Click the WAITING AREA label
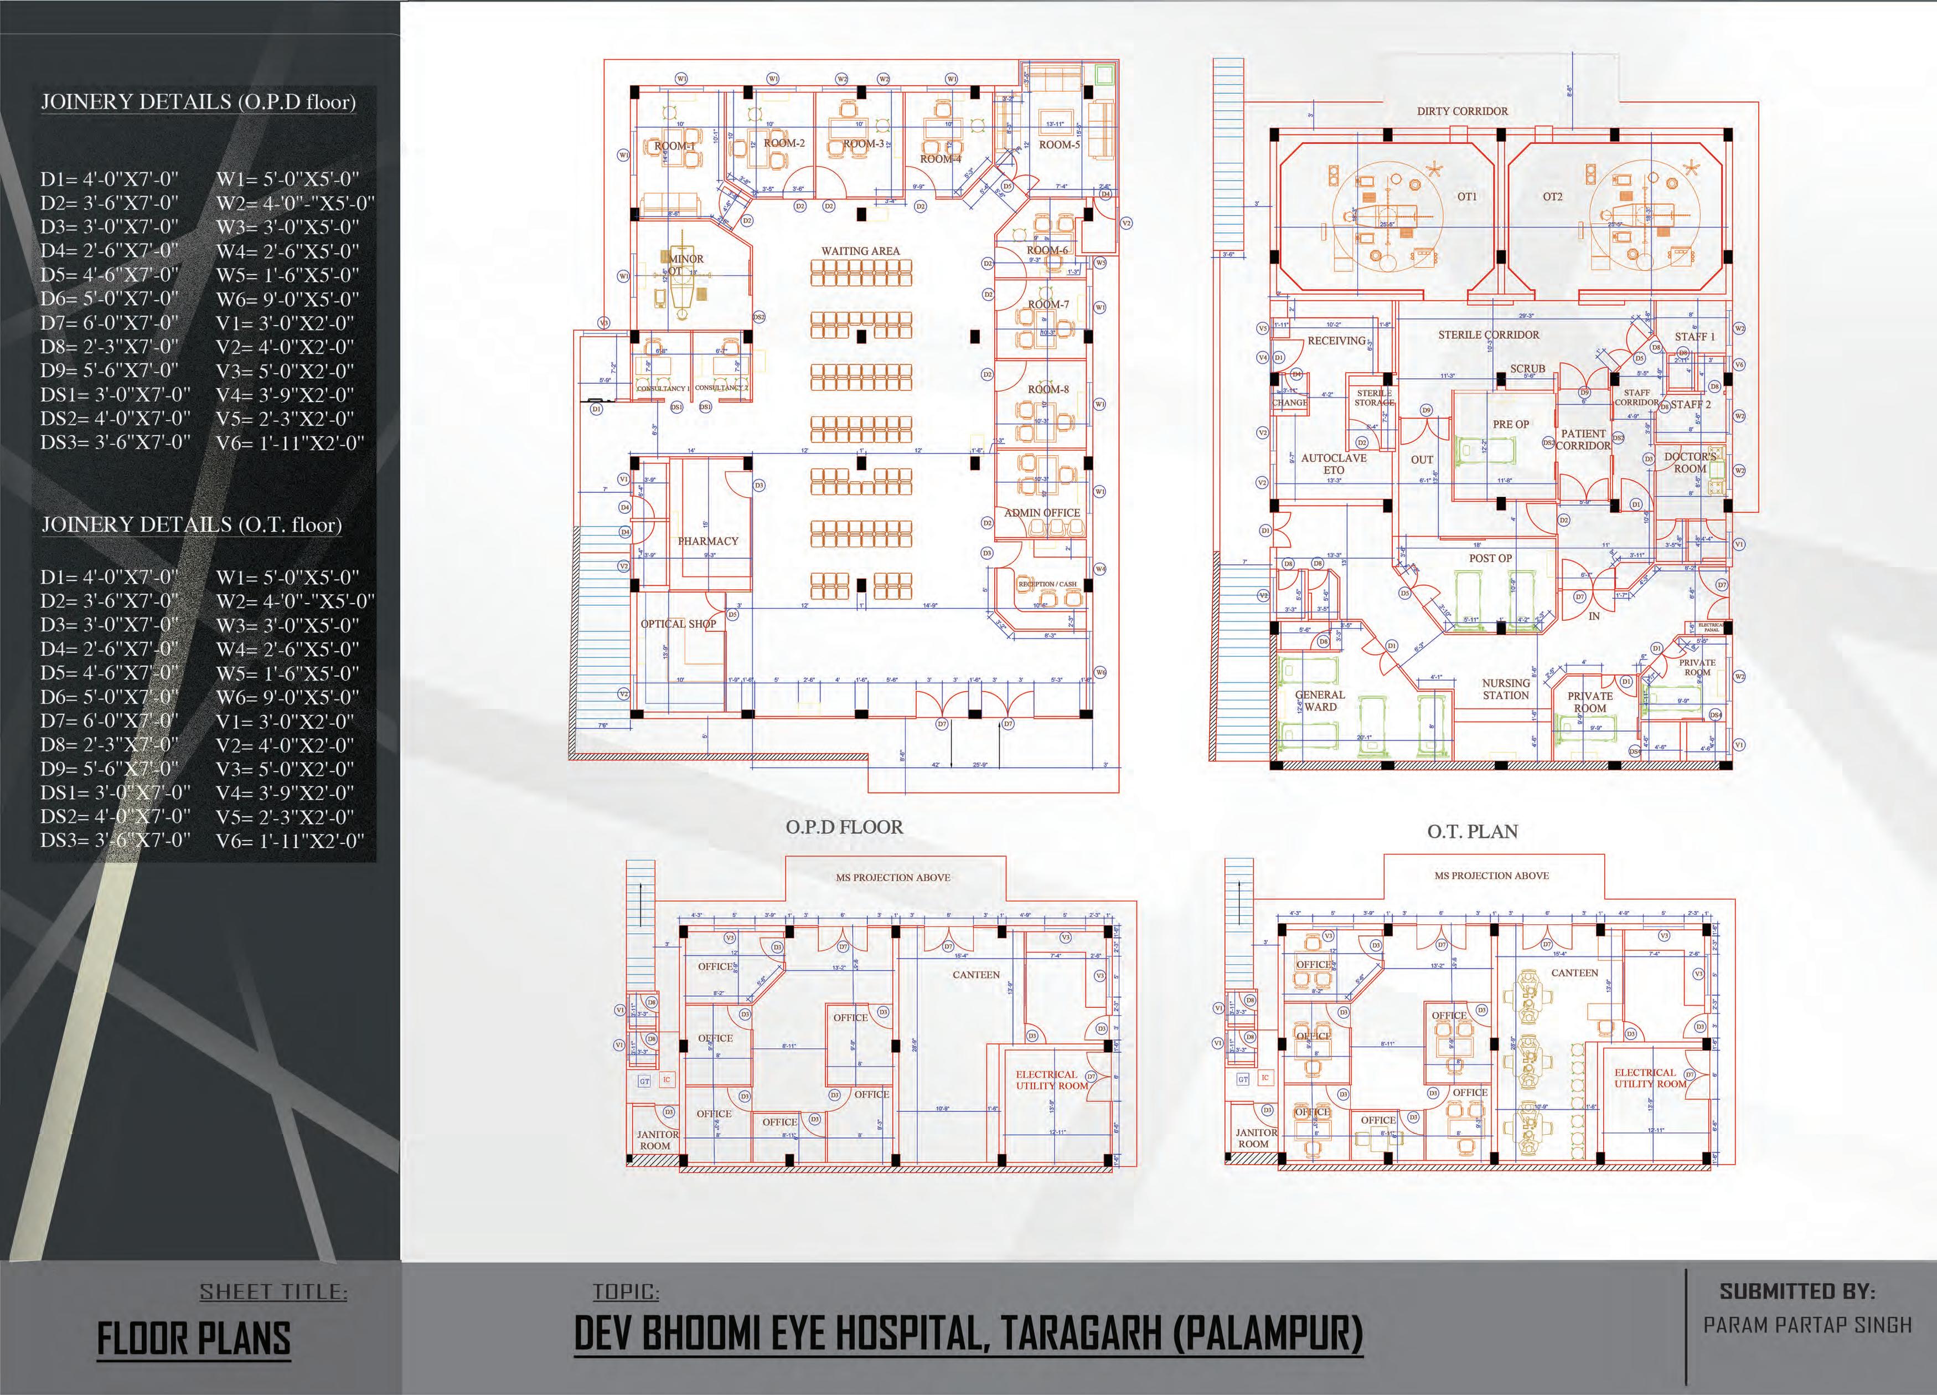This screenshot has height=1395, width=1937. [860, 251]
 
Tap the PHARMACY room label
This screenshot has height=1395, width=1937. [708, 541]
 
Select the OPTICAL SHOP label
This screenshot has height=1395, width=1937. [678, 624]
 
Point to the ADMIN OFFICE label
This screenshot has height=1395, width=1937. [1042, 513]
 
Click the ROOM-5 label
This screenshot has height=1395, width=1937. [1059, 145]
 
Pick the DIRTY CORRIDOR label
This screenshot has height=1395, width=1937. [1462, 111]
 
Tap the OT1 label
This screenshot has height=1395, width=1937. [1467, 197]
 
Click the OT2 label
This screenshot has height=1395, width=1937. [1553, 197]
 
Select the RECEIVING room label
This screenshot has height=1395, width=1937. [1336, 341]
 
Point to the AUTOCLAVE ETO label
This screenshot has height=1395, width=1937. [1334, 464]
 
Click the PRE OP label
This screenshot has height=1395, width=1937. [1511, 424]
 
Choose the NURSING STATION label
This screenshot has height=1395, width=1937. [1506, 689]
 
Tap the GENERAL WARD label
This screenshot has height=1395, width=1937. [1320, 701]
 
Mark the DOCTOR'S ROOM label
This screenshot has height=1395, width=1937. [1690, 462]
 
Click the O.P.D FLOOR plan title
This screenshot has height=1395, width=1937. [844, 827]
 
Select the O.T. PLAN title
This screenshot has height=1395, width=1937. [1473, 831]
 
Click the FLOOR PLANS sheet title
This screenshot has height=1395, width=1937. [194, 1339]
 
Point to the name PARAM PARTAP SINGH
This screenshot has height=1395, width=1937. [1807, 1325]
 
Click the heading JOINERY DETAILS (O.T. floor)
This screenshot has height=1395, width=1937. [192, 524]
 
